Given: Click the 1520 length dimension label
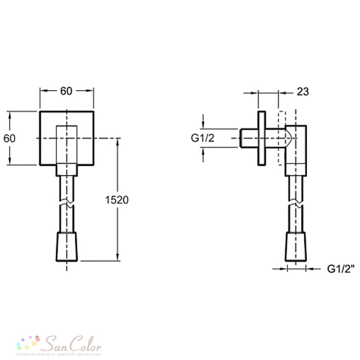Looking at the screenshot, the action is pos(117,200).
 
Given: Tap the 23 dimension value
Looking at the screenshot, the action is pos(303,92).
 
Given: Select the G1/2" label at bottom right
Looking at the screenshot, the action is pos(341,269).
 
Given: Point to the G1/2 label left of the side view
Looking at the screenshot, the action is pos(202,138).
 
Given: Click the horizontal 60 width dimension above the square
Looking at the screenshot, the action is pos(66,91).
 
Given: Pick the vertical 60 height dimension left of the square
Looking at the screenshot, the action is pos(9,138).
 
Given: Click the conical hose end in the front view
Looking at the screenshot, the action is pos(67,247).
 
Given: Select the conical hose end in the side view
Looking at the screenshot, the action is pos(296,247).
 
